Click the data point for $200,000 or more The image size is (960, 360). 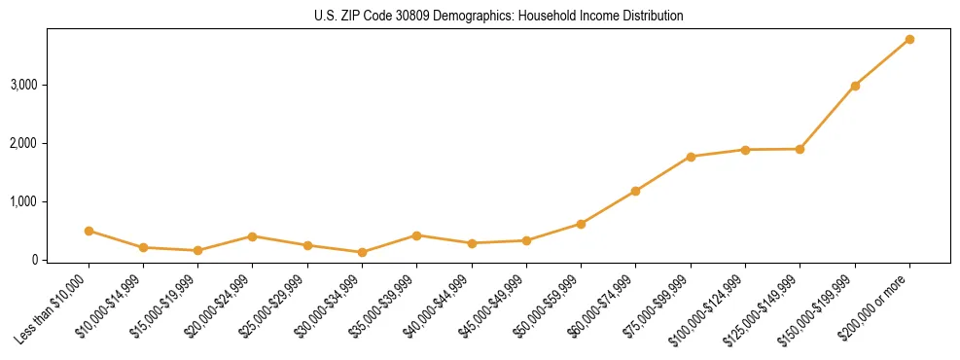[x=909, y=39]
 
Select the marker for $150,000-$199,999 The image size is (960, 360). [x=855, y=86]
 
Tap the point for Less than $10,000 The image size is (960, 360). [x=89, y=231]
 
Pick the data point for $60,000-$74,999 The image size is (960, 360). [x=635, y=191]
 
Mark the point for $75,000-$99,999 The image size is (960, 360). [x=691, y=157]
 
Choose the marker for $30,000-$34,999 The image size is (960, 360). [x=362, y=252]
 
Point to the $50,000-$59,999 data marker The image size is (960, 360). [x=581, y=224]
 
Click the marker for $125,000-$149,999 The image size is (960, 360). [x=800, y=149]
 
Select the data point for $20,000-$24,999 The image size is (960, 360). [x=252, y=236]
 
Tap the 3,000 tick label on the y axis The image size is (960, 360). [x=24, y=85]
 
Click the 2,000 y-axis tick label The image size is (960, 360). [x=24, y=143]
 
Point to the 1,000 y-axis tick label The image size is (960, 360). [x=24, y=201]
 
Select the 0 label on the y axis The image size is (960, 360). [x=34, y=260]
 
